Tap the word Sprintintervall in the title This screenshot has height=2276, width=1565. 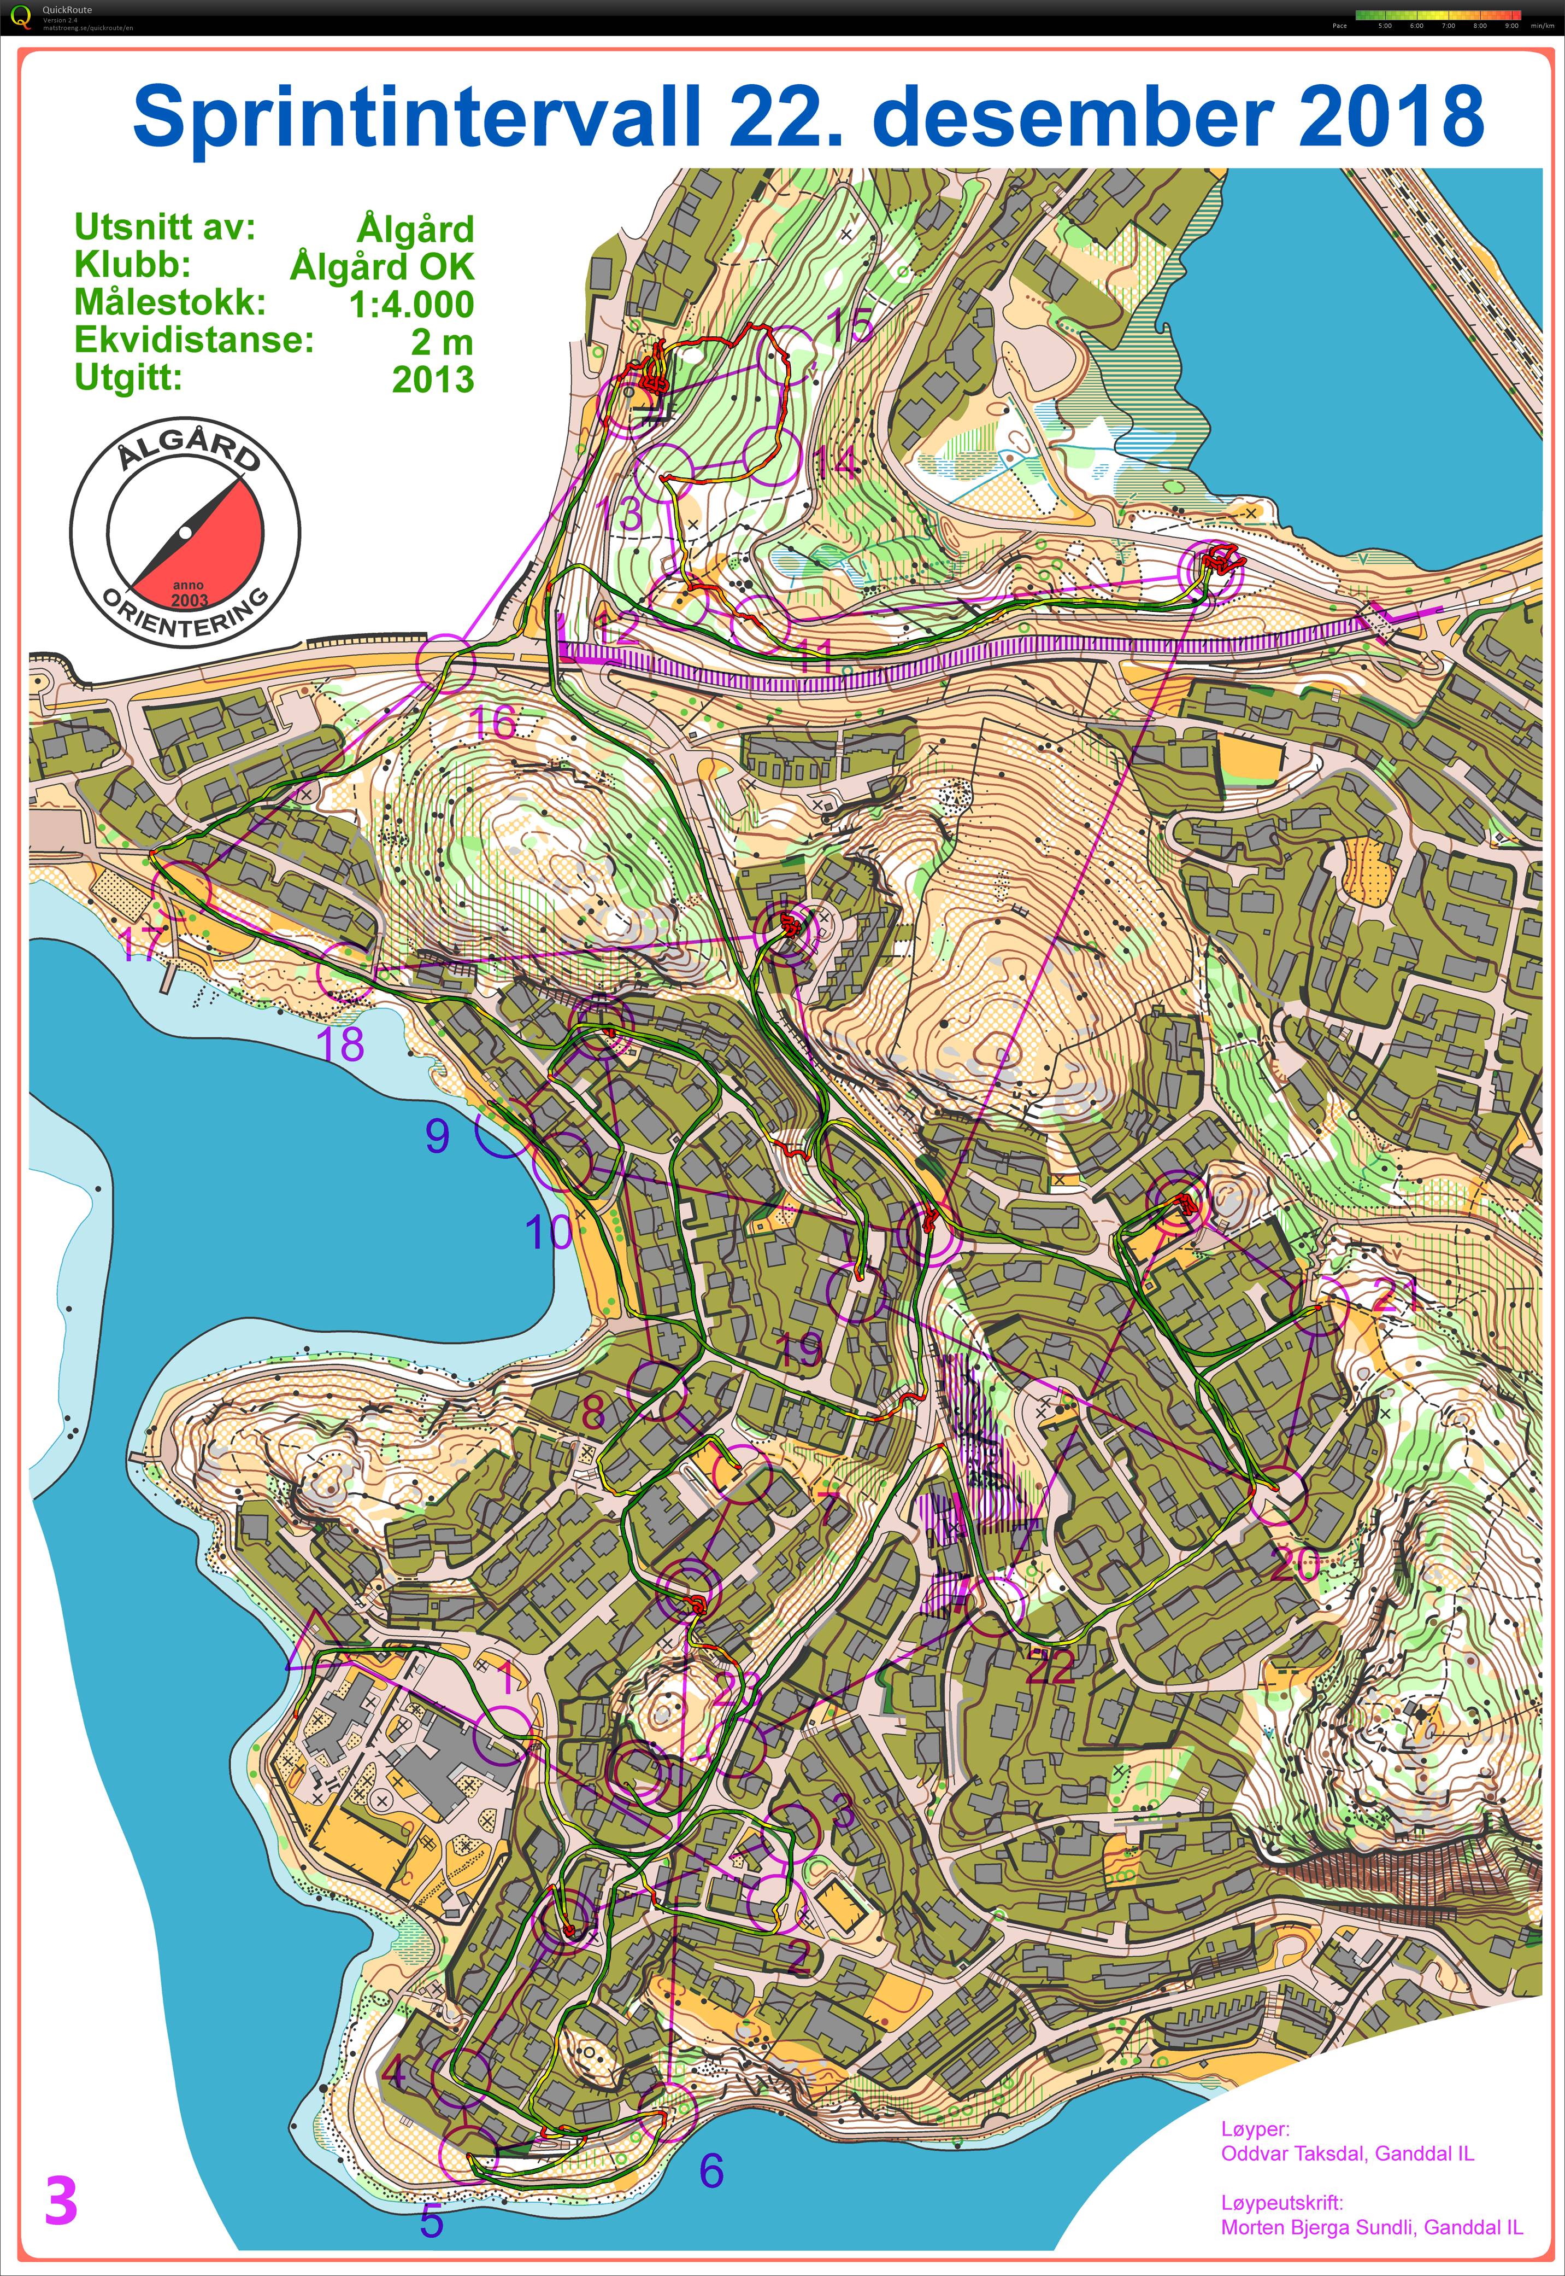click(x=417, y=116)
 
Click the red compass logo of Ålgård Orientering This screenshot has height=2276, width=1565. click(x=185, y=535)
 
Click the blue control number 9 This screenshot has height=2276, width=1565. click(x=437, y=1136)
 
